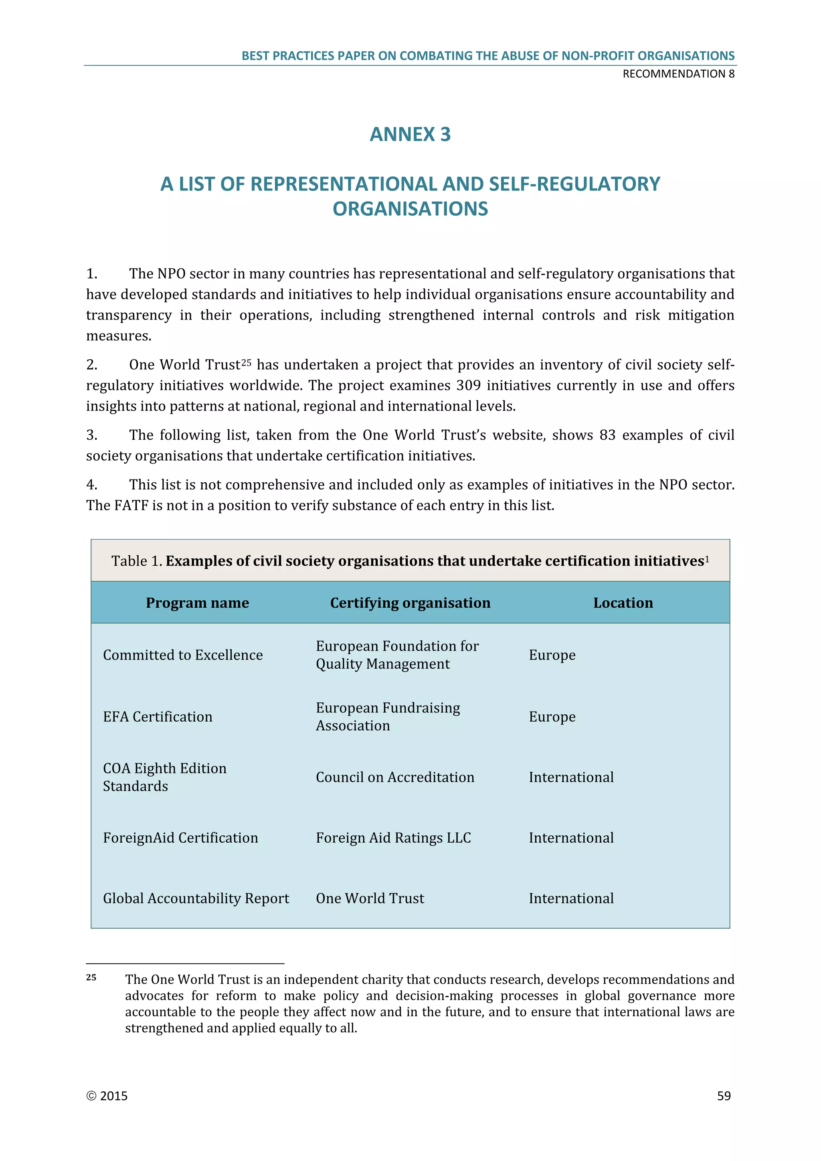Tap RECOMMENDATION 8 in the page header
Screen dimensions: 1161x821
[x=678, y=74]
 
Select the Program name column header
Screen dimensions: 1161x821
[x=197, y=603]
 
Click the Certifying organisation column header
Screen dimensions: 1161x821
[x=410, y=603]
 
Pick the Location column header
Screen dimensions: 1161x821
[x=623, y=603]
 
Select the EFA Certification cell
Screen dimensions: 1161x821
[x=157, y=716]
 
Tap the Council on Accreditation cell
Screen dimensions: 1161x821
[x=395, y=777]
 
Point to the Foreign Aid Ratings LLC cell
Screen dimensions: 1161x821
[x=393, y=838]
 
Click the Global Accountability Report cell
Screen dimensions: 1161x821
[x=196, y=898]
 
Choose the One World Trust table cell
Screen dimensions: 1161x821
[x=370, y=898]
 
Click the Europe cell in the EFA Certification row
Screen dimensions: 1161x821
[x=552, y=716]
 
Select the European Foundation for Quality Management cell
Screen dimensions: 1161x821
[x=397, y=655]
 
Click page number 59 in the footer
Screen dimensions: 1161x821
[x=724, y=1096]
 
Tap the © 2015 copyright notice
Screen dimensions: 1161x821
[x=107, y=1096]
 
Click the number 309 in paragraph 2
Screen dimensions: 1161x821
[x=468, y=385]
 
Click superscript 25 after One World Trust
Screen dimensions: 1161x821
[x=246, y=362]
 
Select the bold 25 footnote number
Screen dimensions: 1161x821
[x=91, y=977]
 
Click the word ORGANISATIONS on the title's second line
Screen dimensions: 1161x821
[x=410, y=209]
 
